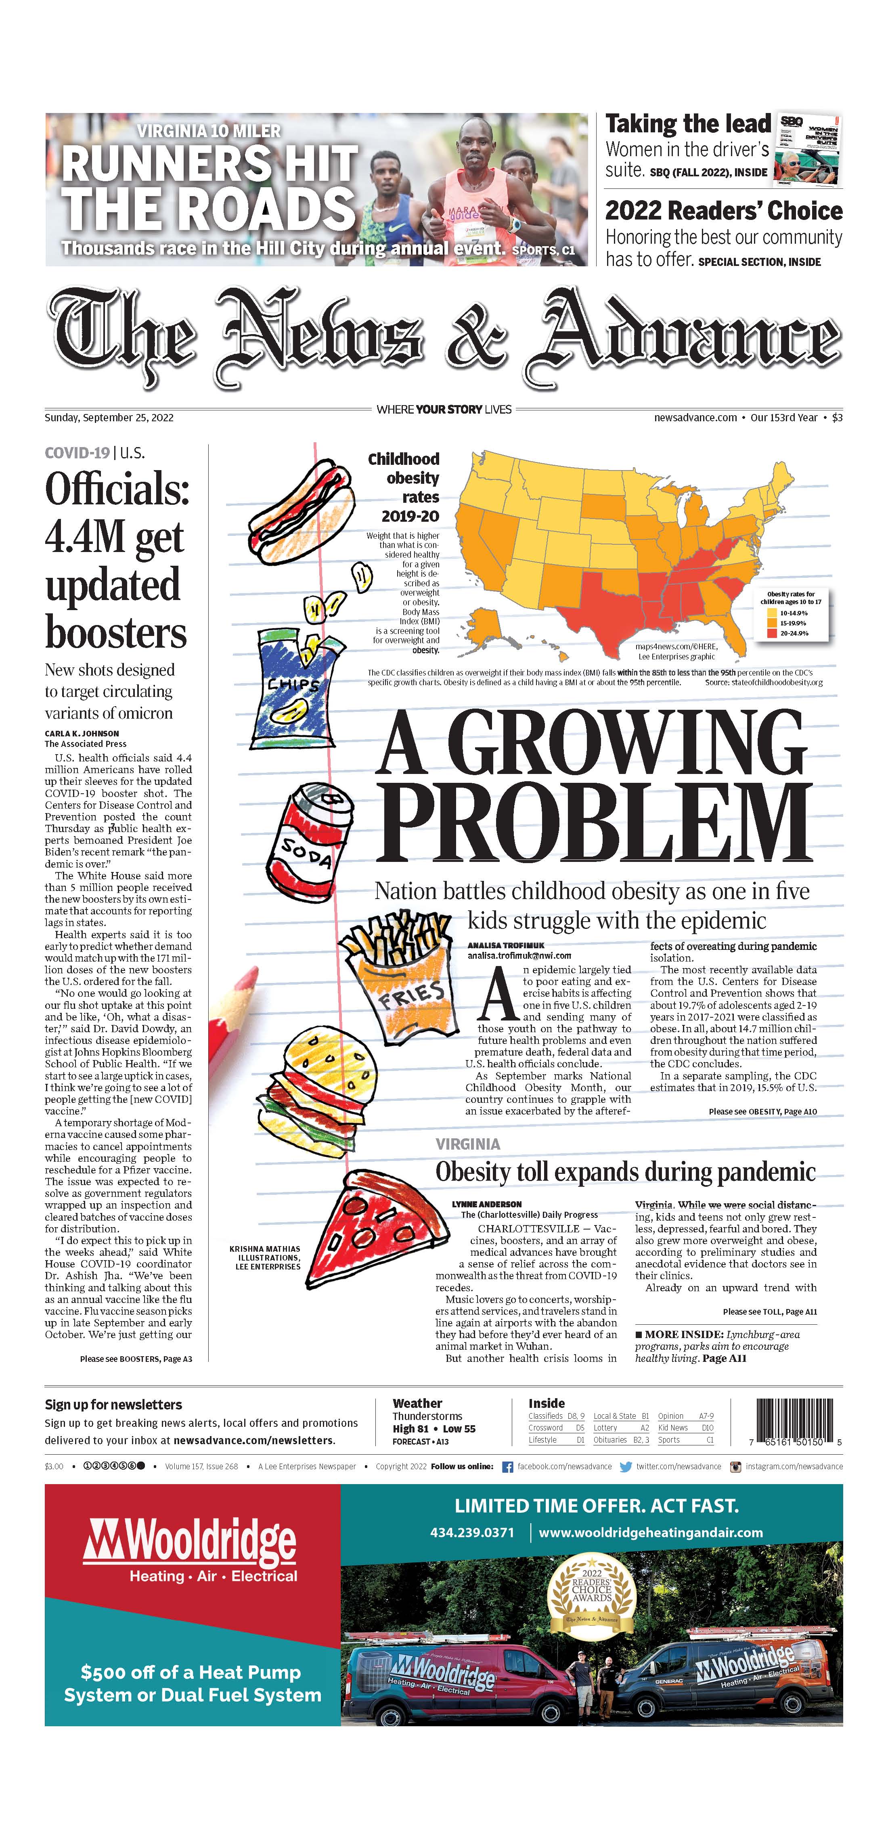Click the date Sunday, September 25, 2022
(x=109, y=418)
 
